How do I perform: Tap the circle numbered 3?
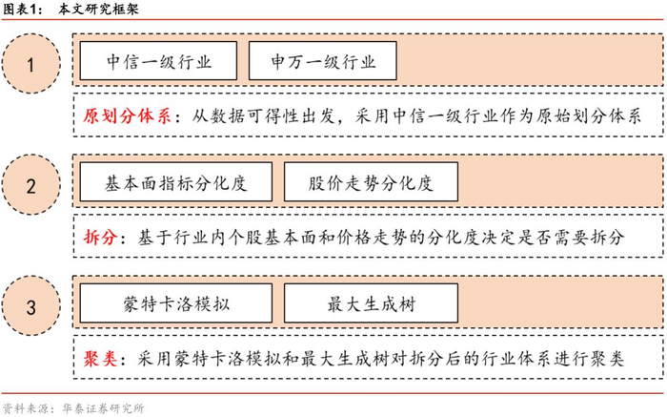pyautogui.click(x=31, y=307)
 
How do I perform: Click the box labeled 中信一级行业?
pyautogui.click(x=159, y=63)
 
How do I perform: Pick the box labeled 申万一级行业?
pyautogui.click(x=321, y=63)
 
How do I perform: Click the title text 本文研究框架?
pyautogui.click(x=95, y=10)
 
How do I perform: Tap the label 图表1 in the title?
pyautogui.click(x=23, y=10)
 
